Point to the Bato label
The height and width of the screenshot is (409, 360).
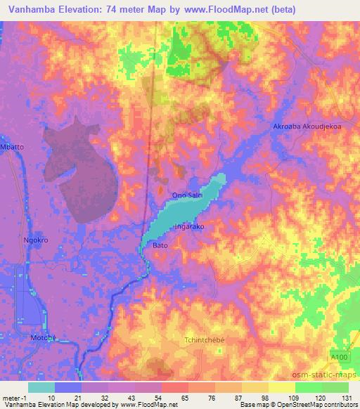tap(160, 245)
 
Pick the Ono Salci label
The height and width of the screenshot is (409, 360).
tap(186, 195)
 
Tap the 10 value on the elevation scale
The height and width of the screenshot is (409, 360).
tap(51, 397)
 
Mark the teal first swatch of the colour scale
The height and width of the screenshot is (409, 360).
tap(41, 387)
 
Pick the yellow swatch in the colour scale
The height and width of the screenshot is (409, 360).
tap(282, 387)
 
